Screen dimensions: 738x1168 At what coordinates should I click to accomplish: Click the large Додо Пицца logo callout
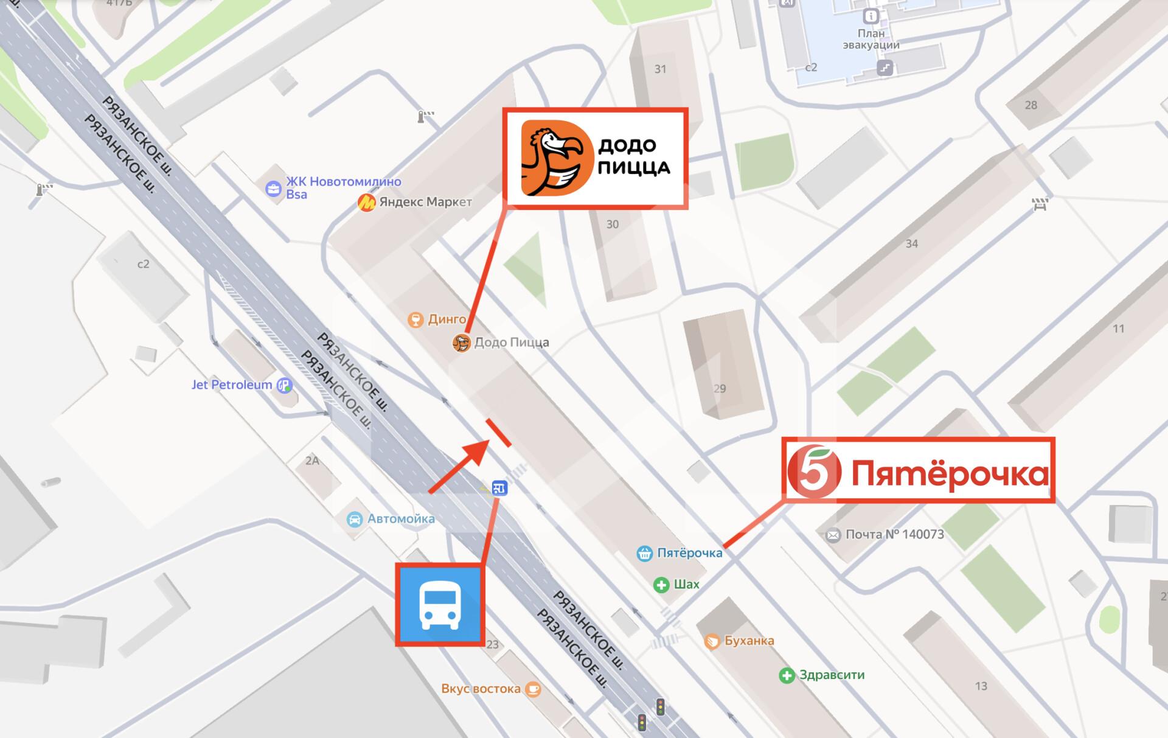595,159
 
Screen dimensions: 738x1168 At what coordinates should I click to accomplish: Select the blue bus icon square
439,604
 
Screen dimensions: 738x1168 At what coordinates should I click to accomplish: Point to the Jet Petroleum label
232,385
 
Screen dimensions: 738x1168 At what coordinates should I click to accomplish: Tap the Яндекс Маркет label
425,202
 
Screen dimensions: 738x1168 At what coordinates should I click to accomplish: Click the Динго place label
447,319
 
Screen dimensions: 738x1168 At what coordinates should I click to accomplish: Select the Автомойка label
400,519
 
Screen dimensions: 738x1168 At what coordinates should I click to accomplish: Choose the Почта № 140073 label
894,535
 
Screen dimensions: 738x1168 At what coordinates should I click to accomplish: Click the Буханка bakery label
749,641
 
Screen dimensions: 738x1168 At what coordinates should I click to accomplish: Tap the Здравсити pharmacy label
832,675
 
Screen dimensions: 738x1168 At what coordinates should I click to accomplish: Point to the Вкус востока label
481,689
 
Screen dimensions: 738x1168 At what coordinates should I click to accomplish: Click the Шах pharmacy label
686,585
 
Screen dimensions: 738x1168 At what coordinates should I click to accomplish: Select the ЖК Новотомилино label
343,181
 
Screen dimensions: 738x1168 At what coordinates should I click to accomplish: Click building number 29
720,388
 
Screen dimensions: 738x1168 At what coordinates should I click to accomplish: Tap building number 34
911,244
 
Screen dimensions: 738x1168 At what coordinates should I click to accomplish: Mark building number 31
660,69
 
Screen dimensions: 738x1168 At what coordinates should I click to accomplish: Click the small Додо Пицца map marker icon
461,344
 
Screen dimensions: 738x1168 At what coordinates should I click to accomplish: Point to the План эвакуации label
871,39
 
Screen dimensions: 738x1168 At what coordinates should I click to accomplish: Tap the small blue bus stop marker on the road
499,488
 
